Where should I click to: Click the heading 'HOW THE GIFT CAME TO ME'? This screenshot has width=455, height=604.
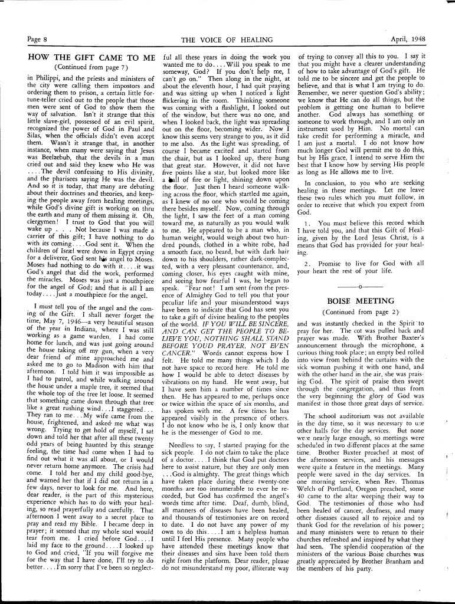91,58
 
